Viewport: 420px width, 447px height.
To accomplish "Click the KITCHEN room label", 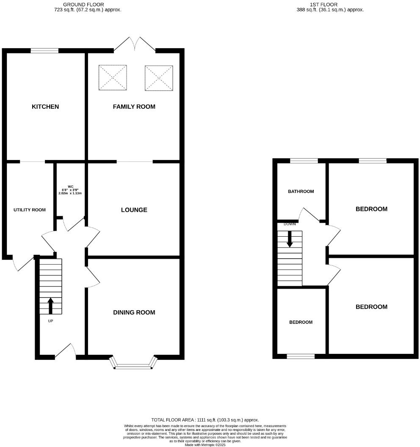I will (45, 107).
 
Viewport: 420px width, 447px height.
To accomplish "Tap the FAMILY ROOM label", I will (134, 107).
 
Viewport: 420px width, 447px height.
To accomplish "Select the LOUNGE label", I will (134, 210).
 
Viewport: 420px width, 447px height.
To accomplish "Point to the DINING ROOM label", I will (134, 312).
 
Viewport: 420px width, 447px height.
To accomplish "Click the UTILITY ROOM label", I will (30, 210).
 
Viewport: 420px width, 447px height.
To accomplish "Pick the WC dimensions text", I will (70, 191).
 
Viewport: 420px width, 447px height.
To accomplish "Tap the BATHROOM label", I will (301, 191).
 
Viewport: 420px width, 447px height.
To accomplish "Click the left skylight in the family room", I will (113, 77).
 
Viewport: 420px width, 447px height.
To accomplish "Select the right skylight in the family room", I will (159, 78).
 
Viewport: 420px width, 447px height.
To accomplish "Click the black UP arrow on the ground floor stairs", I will (51, 306).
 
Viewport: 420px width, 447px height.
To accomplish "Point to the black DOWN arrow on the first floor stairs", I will (290, 239).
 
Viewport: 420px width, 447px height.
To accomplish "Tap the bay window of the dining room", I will (133, 364).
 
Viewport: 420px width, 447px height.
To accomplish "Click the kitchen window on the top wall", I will (44, 51).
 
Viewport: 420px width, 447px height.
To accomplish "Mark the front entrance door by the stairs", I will (65, 351).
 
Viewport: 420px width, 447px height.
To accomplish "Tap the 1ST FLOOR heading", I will (330, 7).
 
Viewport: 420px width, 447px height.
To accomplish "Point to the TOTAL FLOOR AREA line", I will (205, 419).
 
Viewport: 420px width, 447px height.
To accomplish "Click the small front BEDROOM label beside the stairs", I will (301, 322).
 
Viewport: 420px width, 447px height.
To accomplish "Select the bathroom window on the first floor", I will (304, 160).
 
